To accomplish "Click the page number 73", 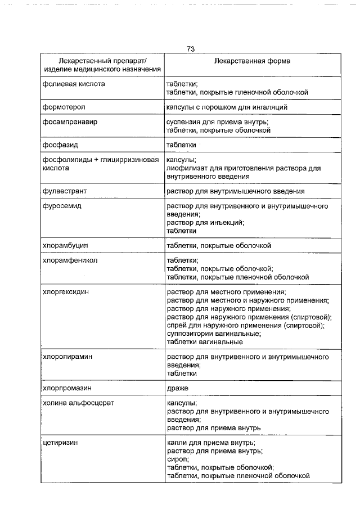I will [191, 49].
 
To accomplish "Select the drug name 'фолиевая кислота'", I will [74, 84].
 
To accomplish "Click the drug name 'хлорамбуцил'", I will [66, 246].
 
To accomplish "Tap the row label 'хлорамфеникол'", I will [70, 261].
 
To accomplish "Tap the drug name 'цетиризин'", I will [60, 443].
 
